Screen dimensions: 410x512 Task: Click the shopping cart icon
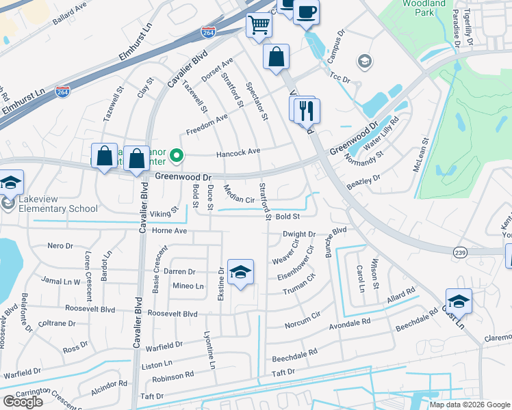click(259, 25)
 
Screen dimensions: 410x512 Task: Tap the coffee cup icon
click(307, 12)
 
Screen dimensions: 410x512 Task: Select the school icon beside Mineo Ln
click(240, 273)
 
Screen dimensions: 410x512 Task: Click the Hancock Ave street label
click(238, 152)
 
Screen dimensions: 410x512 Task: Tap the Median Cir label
click(239, 195)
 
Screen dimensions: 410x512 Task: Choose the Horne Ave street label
click(169, 231)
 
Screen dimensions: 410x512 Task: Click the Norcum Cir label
click(302, 316)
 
